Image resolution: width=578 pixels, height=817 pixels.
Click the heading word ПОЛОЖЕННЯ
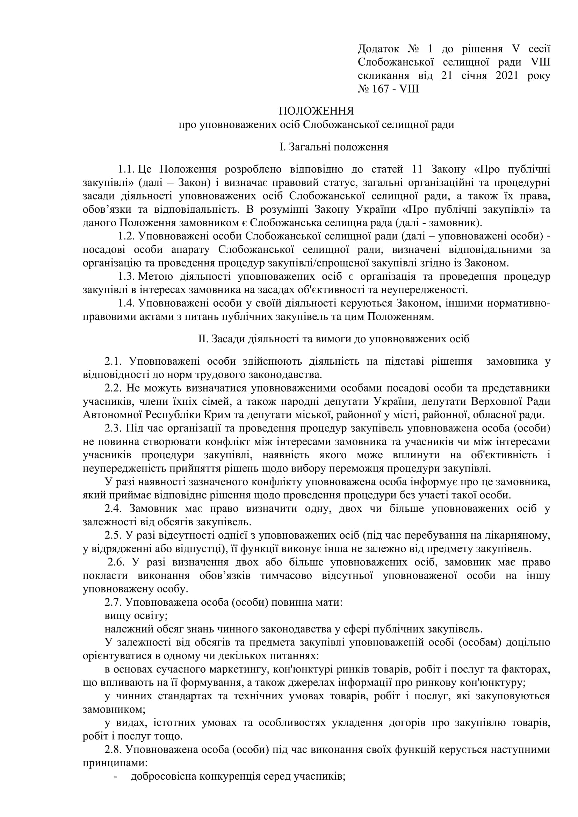pyautogui.click(x=316, y=111)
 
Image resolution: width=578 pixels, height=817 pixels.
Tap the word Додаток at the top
pyautogui.click(x=378, y=49)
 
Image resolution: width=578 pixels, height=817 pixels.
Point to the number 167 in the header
pyautogui.click(x=381, y=89)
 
